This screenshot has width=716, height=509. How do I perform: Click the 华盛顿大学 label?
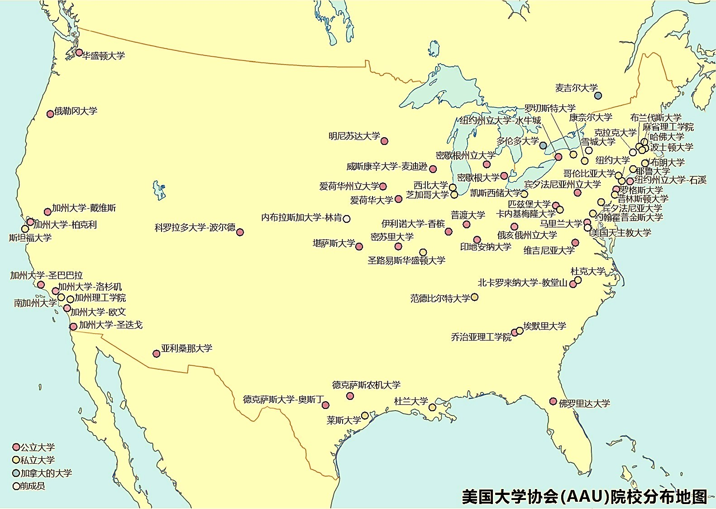click(x=103, y=56)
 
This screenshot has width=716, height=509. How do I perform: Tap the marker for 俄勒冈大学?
click(x=50, y=114)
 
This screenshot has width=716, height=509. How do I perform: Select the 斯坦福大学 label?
click(x=30, y=238)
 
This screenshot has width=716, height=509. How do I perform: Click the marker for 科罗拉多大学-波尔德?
click(x=240, y=232)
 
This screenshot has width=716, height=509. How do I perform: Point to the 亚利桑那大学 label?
click(x=186, y=348)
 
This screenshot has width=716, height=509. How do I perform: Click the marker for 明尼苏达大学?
click(x=384, y=141)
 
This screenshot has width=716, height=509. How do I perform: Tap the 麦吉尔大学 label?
click(x=576, y=88)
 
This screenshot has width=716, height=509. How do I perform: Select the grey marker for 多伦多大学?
click(x=543, y=145)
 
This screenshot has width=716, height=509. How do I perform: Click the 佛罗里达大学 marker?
click(x=553, y=401)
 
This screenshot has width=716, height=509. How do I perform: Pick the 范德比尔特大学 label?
click(x=440, y=298)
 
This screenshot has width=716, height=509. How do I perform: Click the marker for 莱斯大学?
click(x=365, y=415)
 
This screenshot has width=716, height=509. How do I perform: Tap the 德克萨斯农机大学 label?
click(x=366, y=385)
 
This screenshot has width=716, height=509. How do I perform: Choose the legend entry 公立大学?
click(x=37, y=447)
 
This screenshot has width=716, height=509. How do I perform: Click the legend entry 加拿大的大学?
click(x=46, y=473)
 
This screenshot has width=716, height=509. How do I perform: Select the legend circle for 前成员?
click(x=16, y=486)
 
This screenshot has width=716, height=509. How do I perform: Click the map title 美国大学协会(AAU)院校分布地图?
click(x=584, y=497)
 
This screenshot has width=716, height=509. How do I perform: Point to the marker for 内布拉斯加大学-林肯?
click(x=347, y=219)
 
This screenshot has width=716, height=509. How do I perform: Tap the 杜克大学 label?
click(x=587, y=271)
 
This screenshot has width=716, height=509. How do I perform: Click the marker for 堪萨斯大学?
click(x=359, y=247)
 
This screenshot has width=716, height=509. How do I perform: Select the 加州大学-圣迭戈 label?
click(x=110, y=325)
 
